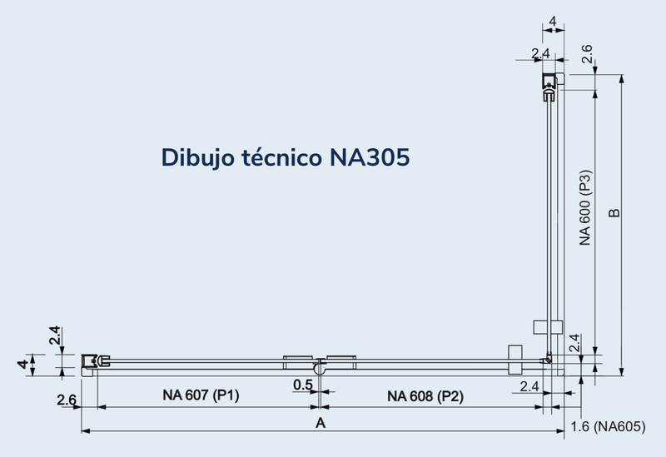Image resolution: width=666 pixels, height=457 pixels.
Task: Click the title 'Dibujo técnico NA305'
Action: click(x=286, y=157)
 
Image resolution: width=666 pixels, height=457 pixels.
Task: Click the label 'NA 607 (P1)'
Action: click(x=201, y=395)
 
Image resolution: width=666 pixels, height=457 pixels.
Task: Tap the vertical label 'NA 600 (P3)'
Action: click(x=585, y=208)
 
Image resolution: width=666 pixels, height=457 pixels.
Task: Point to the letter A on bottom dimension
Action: click(x=320, y=423)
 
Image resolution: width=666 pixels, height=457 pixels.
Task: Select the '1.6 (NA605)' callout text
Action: click(x=609, y=427)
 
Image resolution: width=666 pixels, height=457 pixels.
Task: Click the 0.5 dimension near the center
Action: click(x=303, y=385)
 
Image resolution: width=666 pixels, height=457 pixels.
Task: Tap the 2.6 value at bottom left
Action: click(x=67, y=400)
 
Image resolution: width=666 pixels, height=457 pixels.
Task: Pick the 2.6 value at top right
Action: click(x=586, y=55)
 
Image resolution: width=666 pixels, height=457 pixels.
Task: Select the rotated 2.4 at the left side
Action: click(x=53, y=336)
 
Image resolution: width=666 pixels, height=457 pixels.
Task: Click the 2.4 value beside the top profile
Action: click(x=540, y=54)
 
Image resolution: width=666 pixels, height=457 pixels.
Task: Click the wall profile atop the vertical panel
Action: click(x=550, y=84)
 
